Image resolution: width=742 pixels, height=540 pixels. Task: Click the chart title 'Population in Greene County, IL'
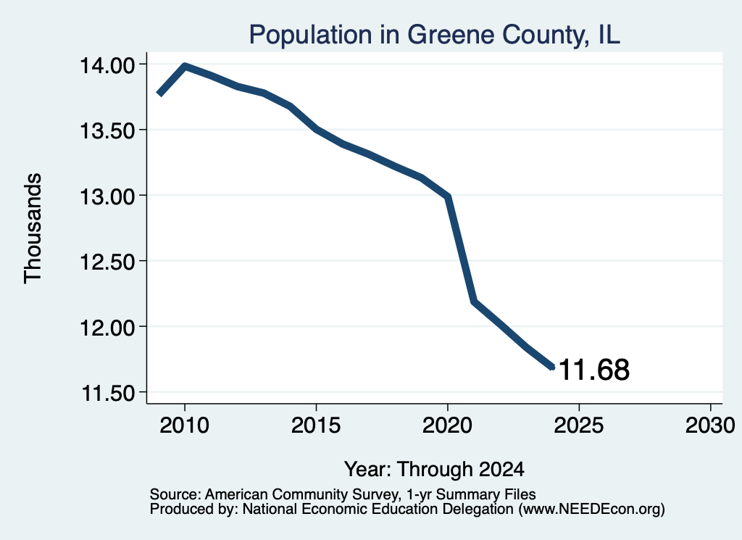pyautogui.click(x=435, y=35)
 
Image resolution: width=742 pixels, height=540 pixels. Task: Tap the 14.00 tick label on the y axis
pyautogui.click(x=107, y=65)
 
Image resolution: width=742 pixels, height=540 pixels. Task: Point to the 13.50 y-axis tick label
pyautogui.click(x=107, y=130)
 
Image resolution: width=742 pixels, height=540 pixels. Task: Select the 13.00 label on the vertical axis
pyautogui.click(x=107, y=196)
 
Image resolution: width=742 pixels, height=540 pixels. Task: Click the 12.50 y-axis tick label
pyautogui.click(x=107, y=261)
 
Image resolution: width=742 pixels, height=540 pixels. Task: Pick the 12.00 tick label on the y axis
pyautogui.click(x=107, y=327)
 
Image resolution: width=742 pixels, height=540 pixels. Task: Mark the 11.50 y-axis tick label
pyautogui.click(x=109, y=393)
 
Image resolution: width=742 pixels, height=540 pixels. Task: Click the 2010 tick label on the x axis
pyautogui.click(x=184, y=425)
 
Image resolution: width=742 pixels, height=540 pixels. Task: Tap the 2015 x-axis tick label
pyautogui.click(x=316, y=425)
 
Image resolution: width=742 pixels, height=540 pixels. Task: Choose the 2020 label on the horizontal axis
pyautogui.click(x=447, y=425)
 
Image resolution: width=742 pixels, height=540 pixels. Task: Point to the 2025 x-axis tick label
pyautogui.click(x=579, y=425)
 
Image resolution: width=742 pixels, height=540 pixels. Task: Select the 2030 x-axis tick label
pyautogui.click(x=710, y=425)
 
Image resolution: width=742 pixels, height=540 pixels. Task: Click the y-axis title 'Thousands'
pyautogui.click(x=33, y=228)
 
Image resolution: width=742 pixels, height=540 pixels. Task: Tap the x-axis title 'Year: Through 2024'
pyautogui.click(x=435, y=470)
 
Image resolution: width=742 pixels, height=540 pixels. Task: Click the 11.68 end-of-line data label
pyautogui.click(x=594, y=370)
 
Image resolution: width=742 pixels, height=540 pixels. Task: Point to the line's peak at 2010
pyautogui.click(x=185, y=66)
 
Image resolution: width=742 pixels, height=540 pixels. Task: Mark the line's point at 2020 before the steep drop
pyautogui.click(x=447, y=196)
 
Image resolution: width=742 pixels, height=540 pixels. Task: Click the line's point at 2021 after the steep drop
pyautogui.click(x=474, y=301)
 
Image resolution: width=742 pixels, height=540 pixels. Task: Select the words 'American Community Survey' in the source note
pyautogui.click(x=301, y=494)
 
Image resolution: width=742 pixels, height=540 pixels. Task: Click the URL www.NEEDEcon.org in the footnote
pyautogui.click(x=591, y=510)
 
